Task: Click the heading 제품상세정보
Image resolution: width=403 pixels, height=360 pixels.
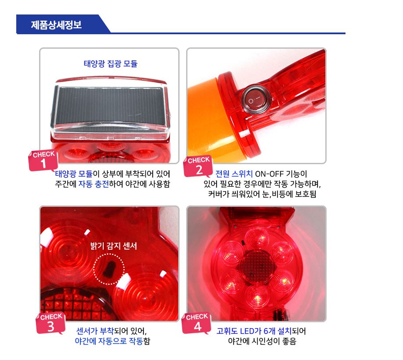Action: pyautogui.click(x=56, y=25)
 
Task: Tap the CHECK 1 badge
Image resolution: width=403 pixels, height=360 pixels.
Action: pyautogui.click(x=43, y=160)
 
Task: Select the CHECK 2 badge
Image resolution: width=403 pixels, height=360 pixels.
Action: pyautogui.click(x=198, y=166)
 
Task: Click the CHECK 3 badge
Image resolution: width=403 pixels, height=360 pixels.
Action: pyautogui.click(x=50, y=323)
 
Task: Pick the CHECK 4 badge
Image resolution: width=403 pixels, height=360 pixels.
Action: pyautogui.click(x=197, y=323)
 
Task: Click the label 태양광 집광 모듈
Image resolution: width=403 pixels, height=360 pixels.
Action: pyautogui.click(x=111, y=64)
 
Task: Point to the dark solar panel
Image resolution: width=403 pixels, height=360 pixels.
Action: pyautogui.click(x=111, y=106)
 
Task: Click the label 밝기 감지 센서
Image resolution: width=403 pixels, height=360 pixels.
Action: pyautogui.click(x=114, y=246)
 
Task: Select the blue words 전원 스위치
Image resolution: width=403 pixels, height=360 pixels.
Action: pyautogui.click(x=234, y=174)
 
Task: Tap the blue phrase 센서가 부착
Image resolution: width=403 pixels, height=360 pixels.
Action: pyautogui.click(x=95, y=331)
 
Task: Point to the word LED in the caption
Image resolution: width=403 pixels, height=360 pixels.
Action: pyautogui.click(x=247, y=331)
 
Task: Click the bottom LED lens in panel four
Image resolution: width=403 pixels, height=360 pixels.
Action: pyautogui.click(x=256, y=296)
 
